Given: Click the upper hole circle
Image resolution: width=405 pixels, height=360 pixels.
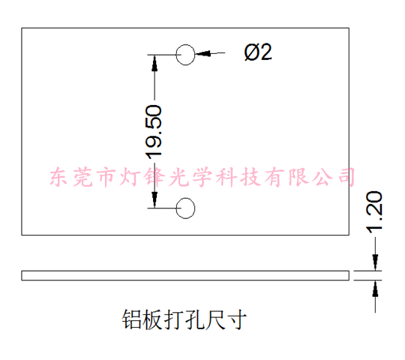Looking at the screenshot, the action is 176,55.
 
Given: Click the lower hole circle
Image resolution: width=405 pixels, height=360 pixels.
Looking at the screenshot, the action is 176,208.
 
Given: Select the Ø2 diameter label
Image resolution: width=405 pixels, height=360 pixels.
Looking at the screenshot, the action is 258,52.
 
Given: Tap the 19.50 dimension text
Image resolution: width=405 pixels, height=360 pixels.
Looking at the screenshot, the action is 154,132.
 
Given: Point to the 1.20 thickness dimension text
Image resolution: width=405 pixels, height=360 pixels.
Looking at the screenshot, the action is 374,211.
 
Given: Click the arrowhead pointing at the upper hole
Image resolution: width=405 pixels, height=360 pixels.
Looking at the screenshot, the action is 203,53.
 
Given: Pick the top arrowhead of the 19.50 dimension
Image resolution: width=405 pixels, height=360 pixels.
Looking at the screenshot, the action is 154,63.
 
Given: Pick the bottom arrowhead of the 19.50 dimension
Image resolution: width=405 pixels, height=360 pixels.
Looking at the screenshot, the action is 154,199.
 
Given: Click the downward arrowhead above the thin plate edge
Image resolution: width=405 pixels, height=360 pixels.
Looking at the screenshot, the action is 375,262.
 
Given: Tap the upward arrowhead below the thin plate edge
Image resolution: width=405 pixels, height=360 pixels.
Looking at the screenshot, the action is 375,289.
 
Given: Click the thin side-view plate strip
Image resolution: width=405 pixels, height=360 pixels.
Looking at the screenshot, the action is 185,275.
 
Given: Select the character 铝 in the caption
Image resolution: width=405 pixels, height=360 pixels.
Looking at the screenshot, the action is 132,319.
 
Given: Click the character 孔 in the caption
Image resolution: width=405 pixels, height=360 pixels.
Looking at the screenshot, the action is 194,319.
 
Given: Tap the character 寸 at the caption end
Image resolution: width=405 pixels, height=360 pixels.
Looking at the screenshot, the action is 236,319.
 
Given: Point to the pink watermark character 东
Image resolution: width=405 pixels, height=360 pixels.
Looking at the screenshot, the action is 59,177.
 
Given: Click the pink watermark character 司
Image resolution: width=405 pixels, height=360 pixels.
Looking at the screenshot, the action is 346,177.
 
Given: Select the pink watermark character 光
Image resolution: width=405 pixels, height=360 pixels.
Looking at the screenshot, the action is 178,177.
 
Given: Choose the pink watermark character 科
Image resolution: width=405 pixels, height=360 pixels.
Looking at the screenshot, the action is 226,177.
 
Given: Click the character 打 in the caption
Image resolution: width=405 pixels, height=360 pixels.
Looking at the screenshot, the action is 174,319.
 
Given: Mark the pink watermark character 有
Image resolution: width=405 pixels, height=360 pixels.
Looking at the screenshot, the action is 274,177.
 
